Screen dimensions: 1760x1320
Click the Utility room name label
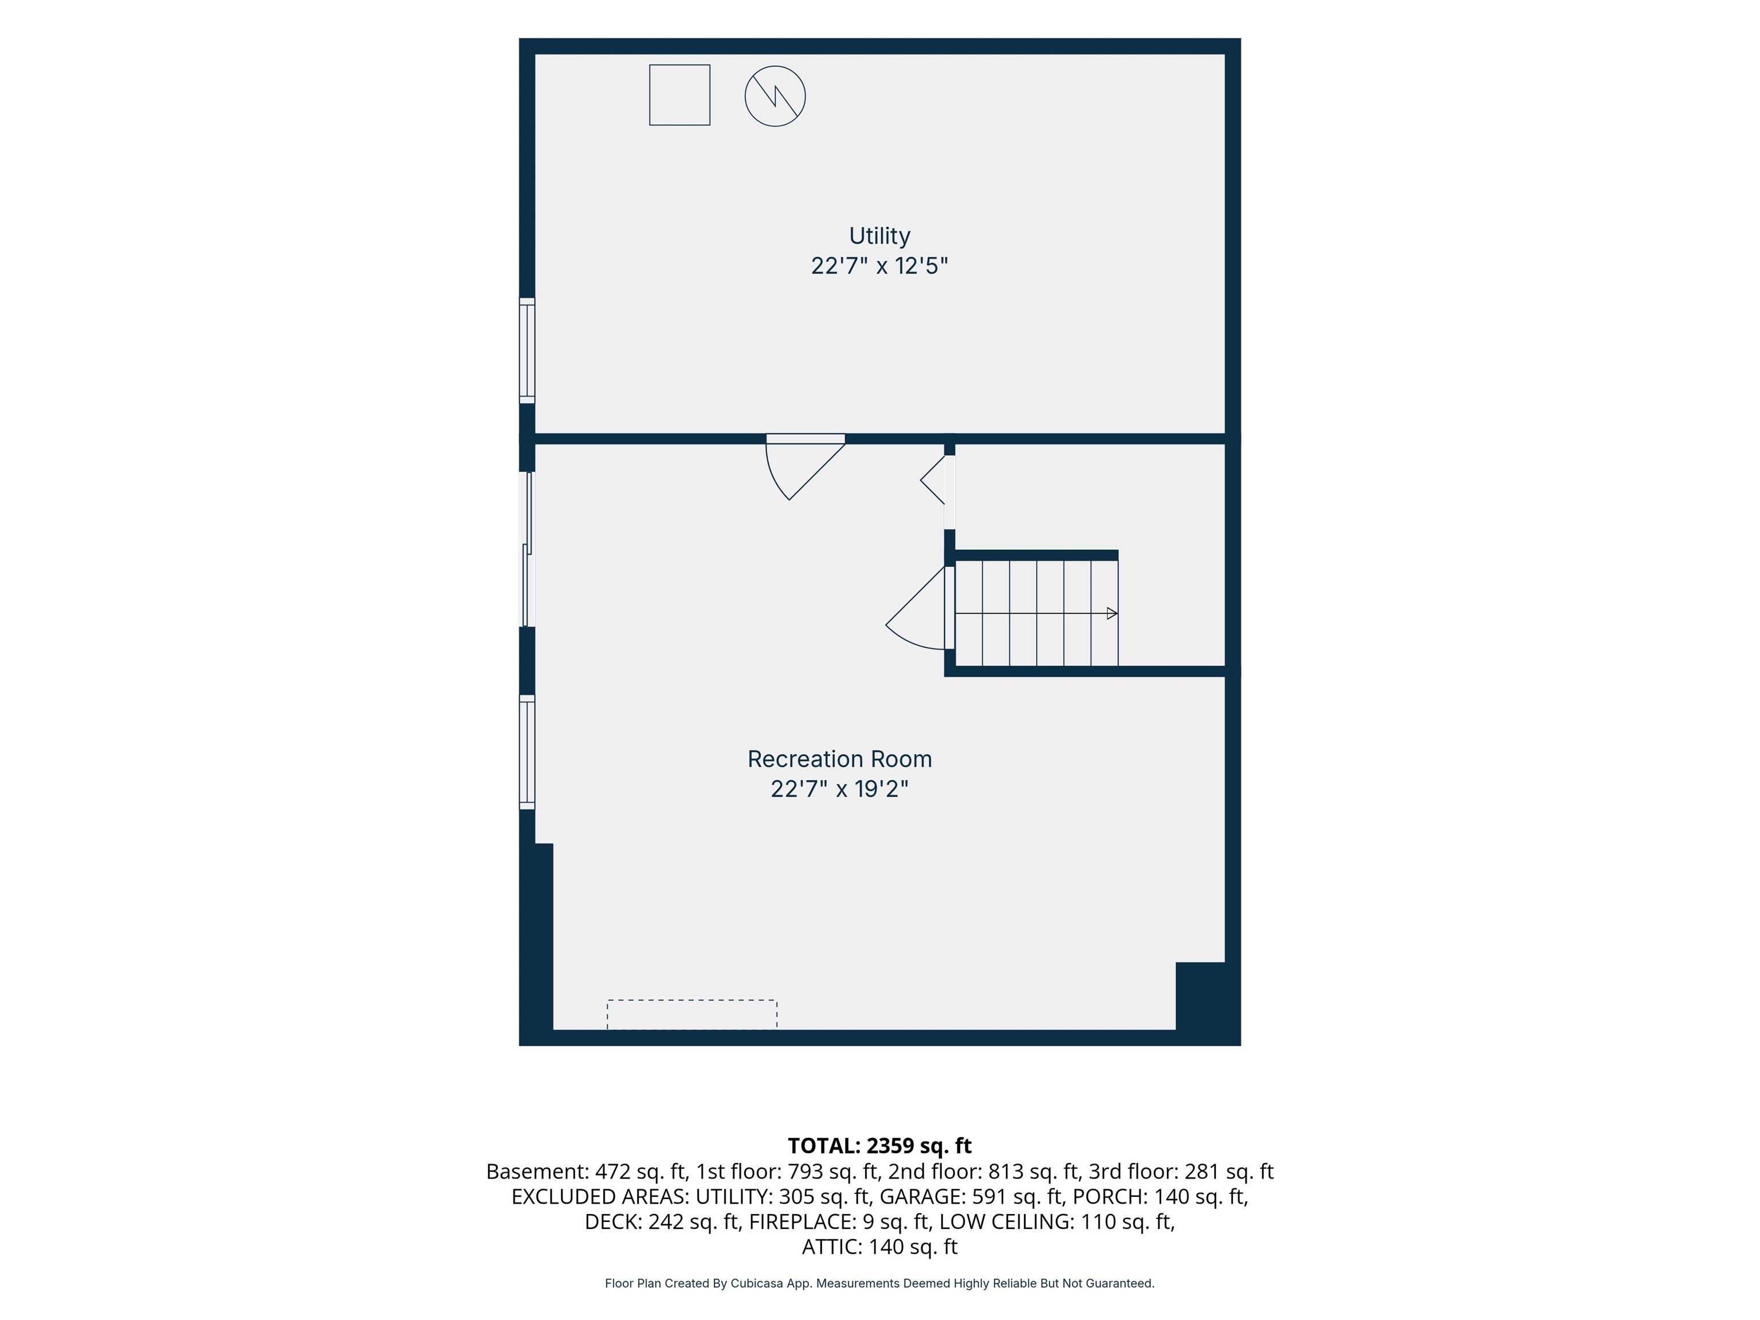pos(879,235)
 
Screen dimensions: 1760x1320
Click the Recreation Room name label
pos(839,759)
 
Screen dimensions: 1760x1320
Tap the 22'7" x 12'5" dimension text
pos(879,266)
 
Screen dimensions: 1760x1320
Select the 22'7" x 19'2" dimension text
pos(839,788)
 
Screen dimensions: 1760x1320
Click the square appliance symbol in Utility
pos(679,95)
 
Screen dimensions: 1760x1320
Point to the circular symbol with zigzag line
pos(775,96)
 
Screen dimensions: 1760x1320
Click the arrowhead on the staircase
pos(1113,614)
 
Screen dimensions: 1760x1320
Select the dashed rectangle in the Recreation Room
pos(692,1015)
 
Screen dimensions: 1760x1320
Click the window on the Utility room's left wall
pos(527,350)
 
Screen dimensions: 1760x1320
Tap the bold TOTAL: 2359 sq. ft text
pos(879,1146)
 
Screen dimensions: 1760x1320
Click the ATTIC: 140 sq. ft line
pos(879,1247)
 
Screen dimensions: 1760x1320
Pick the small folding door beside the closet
pos(933,480)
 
